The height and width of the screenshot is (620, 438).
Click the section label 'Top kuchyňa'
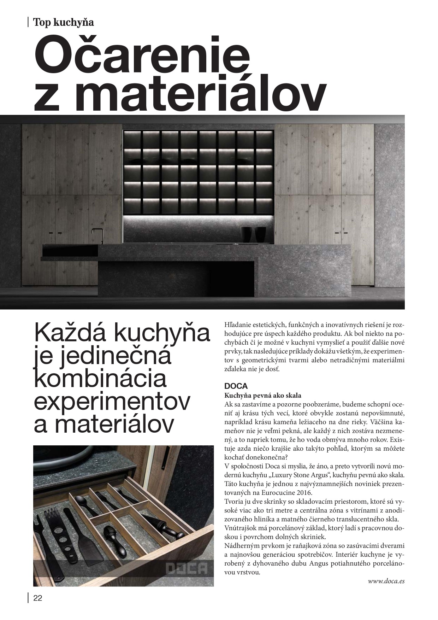click(x=64, y=22)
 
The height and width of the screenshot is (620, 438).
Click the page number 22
click(x=37, y=598)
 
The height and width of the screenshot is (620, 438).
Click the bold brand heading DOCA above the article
click(x=236, y=386)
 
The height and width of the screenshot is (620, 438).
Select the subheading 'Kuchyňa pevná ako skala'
click(x=263, y=396)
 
